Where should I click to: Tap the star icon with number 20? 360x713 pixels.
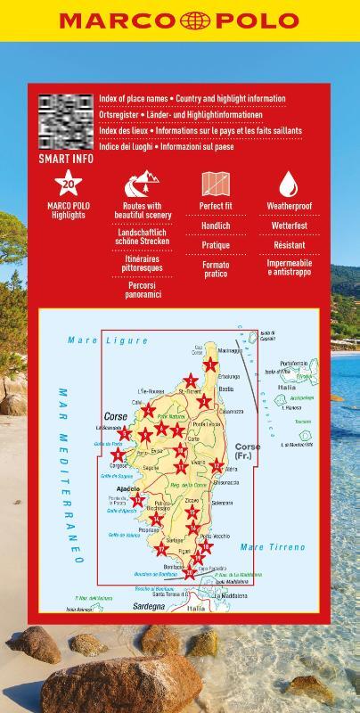click(68, 184)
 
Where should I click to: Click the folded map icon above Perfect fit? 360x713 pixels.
click(216, 184)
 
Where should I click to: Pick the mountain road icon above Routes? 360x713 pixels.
click(142, 185)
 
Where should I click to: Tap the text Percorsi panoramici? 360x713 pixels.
click(143, 289)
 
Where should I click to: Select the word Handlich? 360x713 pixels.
click(216, 226)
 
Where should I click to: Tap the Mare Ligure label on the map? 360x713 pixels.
click(107, 340)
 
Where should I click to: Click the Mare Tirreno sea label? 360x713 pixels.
click(273, 546)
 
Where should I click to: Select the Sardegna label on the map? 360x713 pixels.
click(150, 607)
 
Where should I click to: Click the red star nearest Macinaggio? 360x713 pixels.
click(209, 365)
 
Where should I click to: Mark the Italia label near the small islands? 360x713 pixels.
click(286, 388)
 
